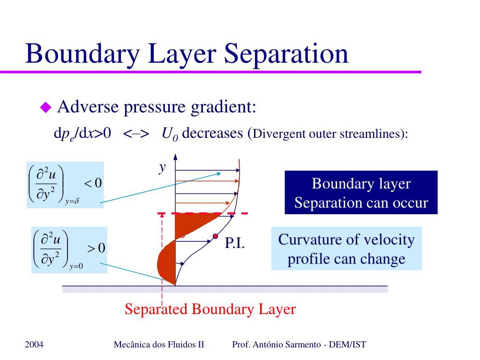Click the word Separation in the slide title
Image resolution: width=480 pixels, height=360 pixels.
[x=286, y=53]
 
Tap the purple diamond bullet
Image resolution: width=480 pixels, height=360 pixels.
[x=45, y=108]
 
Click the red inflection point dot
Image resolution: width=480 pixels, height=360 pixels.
[x=215, y=236]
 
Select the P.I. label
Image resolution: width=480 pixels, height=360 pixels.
[x=235, y=243]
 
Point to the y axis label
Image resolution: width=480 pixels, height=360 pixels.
[x=162, y=167]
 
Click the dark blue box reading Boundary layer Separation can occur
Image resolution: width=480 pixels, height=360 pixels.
[x=361, y=193]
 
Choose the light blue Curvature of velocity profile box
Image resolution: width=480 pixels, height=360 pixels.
[x=346, y=248]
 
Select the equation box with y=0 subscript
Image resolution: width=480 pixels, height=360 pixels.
[x=69, y=249]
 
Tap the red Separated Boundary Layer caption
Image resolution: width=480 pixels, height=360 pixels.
[x=210, y=309]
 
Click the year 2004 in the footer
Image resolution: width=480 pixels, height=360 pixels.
[x=34, y=345]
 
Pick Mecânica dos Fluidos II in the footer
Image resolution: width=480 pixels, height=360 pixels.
[x=159, y=345]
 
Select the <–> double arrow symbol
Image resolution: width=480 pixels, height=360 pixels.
[x=136, y=134]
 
